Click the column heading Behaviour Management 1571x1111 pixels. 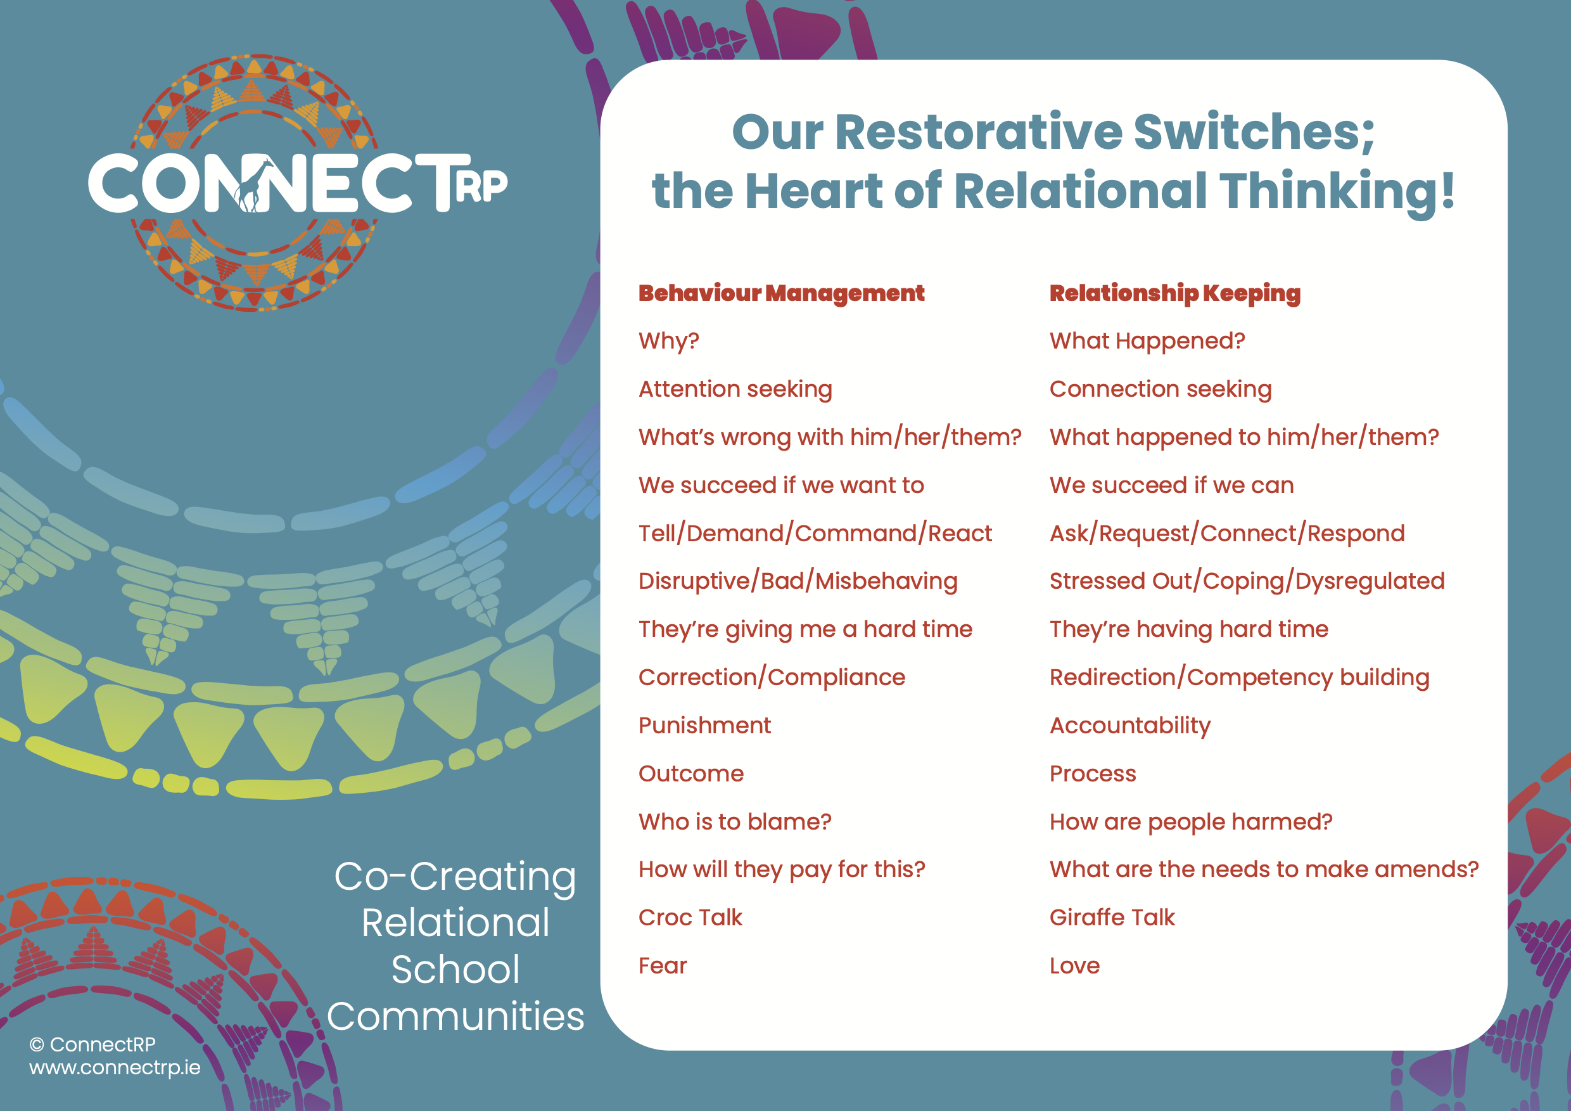[x=782, y=293]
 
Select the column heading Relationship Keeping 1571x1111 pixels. [x=1175, y=293]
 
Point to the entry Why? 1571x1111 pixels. [x=668, y=341]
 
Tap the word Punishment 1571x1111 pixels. [x=705, y=726]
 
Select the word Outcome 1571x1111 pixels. [x=691, y=774]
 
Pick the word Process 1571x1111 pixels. [x=1093, y=774]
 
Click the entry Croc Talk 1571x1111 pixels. [x=690, y=918]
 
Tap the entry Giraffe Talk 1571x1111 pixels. [x=1112, y=918]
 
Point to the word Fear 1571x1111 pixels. [x=663, y=966]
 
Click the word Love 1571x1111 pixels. [x=1075, y=966]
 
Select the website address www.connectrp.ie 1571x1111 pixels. [x=115, y=1068]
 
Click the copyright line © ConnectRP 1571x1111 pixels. [x=92, y=1044]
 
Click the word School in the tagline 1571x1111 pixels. [x=455, y=969]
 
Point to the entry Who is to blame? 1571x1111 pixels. [x=735, y=822]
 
